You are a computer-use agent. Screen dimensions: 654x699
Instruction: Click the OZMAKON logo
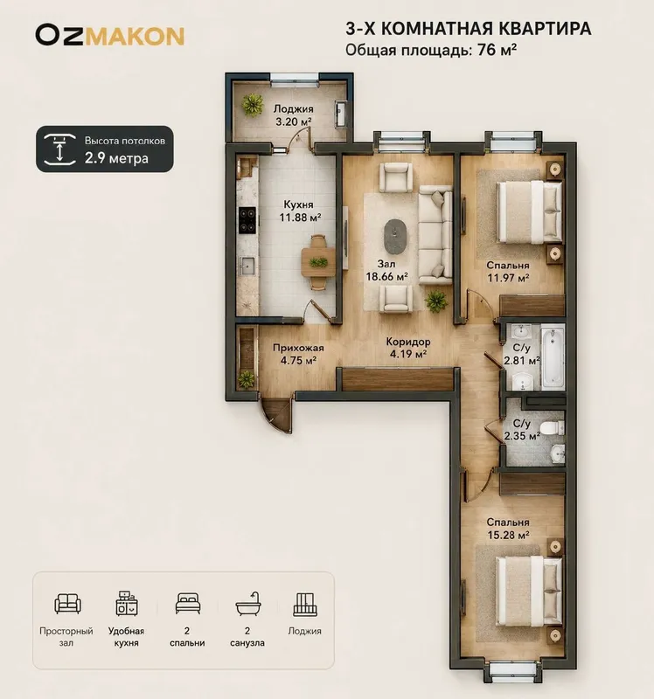[x=110, y=36]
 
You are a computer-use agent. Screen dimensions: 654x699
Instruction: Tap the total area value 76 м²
[x=497, y=50]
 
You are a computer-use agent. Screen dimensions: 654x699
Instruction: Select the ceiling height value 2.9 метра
[x=116, y=158]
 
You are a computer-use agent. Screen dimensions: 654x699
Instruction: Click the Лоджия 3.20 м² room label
[x=293, y=115]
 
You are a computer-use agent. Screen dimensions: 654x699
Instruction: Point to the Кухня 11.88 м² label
[x=300, y=211]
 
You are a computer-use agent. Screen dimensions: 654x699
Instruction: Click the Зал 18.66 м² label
[x=386, y=270]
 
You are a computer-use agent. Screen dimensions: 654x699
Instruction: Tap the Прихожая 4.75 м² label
[x=298, y=354]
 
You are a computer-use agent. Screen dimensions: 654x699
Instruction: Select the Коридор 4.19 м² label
[x=408, y=348]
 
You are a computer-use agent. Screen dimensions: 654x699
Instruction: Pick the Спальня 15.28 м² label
[x=508, y=528]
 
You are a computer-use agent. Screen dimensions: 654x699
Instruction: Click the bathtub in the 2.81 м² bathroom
[x=553, y=357]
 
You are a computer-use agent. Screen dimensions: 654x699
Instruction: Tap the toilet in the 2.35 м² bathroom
[x=553, y=427]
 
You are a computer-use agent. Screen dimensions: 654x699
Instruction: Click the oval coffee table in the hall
[x=395, y=236]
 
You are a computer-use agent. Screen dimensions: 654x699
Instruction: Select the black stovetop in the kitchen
[x=247, y=220]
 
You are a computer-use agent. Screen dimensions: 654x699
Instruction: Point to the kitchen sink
[x=247, y=267]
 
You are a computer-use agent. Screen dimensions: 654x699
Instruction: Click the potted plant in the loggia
[x=253, y=105]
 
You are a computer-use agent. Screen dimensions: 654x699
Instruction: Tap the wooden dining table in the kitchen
[x=318, y=262]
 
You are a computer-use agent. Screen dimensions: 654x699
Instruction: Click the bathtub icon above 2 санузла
[x=247, y=604]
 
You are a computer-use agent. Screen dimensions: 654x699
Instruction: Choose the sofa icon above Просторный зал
[x=67, y=604]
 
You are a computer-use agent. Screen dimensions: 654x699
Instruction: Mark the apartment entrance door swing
[x=275, y=414]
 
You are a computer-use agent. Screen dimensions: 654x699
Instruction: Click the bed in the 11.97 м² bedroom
[x=530, y=211]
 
